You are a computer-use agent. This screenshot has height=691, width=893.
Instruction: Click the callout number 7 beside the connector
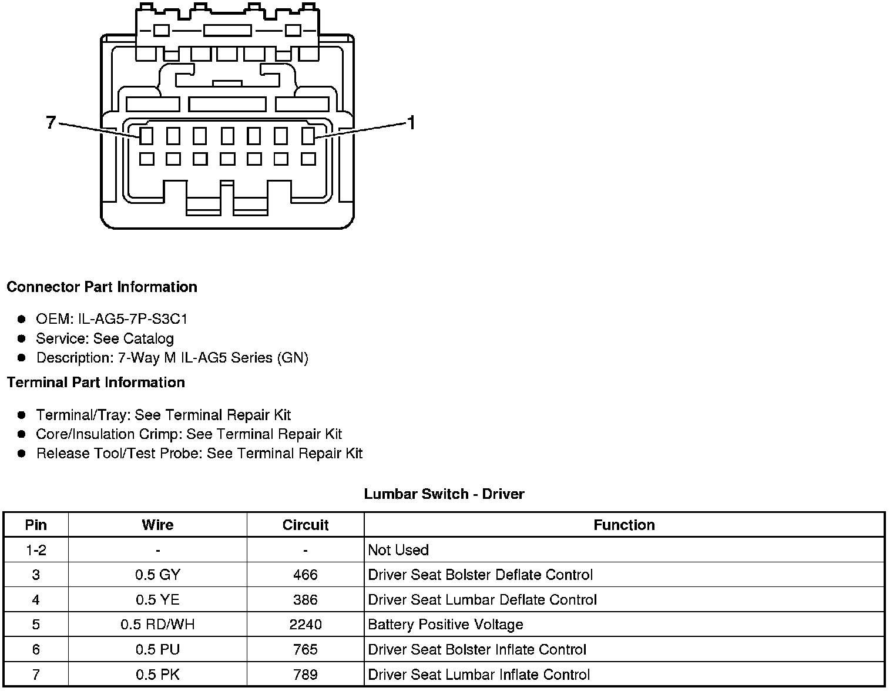click(x=51, y=122)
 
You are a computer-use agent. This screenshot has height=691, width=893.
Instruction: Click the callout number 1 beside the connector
click(x=411, y=123)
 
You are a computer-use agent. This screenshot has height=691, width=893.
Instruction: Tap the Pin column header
click(x=36, y=525)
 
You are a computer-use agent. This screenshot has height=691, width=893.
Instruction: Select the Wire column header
click(x=157, y=525)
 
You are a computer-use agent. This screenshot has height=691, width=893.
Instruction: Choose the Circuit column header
click(x=305, y=525)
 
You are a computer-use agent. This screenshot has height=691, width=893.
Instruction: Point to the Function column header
click(x=624, y=525)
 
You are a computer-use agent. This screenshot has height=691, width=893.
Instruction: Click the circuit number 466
click(x=305, y=575)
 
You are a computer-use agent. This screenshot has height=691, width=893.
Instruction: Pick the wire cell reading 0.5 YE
click(x=157, y=599)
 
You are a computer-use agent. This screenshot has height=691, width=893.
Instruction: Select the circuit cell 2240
click(x=305, y=625)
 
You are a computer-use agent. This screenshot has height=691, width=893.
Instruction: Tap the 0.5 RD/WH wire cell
click(x=157, y=625)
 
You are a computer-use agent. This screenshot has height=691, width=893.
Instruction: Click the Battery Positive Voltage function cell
click(x=445, y=625)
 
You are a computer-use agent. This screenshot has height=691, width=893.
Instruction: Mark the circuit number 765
click(x=305, y=649)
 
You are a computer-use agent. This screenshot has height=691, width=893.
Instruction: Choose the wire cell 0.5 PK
click(x=157, y=675)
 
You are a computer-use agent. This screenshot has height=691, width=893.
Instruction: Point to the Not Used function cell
click(x=398, y=550)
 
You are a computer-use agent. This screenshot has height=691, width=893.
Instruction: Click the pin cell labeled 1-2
click(x=36, y=550)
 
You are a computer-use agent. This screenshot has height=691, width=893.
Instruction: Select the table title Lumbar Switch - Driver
click(x=444, y=494)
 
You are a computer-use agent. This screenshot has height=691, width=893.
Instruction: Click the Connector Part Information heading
click(x=102, y=287)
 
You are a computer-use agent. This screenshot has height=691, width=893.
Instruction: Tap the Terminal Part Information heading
click(x=96, y=383)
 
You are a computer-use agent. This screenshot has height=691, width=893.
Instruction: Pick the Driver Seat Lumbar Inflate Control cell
click(x=479, y=675)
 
